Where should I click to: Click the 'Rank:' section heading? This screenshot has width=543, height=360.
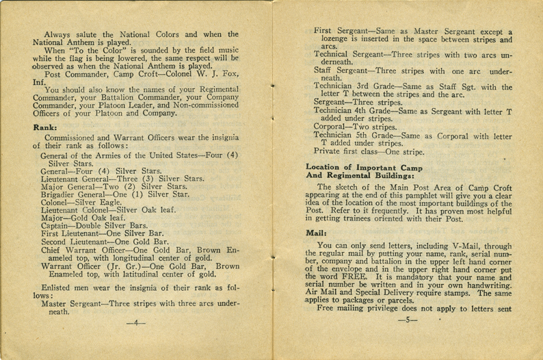pos(45,127)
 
